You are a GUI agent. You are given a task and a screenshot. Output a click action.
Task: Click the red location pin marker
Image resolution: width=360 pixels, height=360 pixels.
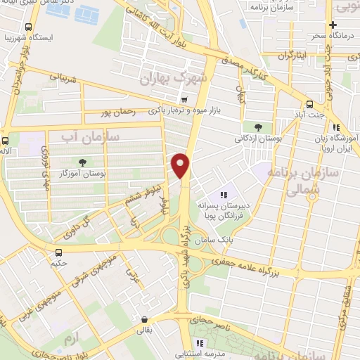tap(181, 165)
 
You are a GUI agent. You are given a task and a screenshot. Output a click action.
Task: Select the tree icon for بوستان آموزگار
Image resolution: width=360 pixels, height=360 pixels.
tap(84, 162)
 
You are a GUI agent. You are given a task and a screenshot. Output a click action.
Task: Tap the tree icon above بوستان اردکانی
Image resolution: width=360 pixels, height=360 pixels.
tap(258, 127)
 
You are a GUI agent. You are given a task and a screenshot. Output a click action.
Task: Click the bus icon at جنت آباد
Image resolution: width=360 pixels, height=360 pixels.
tap(310, 103)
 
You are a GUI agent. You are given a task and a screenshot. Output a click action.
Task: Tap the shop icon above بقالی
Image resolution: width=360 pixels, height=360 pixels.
tap(143, 319)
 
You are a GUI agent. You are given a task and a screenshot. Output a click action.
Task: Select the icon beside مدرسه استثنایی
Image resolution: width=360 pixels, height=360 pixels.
tap(200, 344)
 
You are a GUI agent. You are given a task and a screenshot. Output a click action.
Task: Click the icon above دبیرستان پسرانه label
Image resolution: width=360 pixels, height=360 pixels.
tap(223, 195)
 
